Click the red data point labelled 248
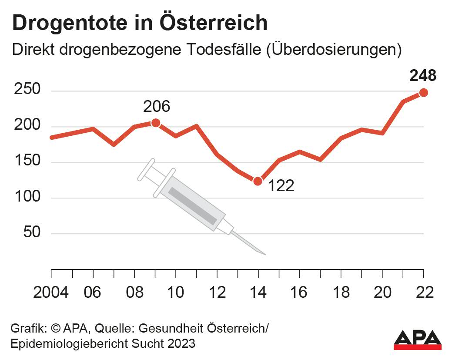[x=423, y=92]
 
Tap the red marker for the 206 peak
[x=155, y=123]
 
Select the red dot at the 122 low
[x=258, y=181]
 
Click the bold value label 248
[x=423, y=76]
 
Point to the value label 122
[x=281, y=186]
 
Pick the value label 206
[x=156, y=106]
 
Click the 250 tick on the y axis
[x=27, y=90]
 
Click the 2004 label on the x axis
[x=51, y=292]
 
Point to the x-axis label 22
[x=424, y=292]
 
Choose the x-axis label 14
[x=258, y=292]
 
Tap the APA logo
[x=418, y=339]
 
